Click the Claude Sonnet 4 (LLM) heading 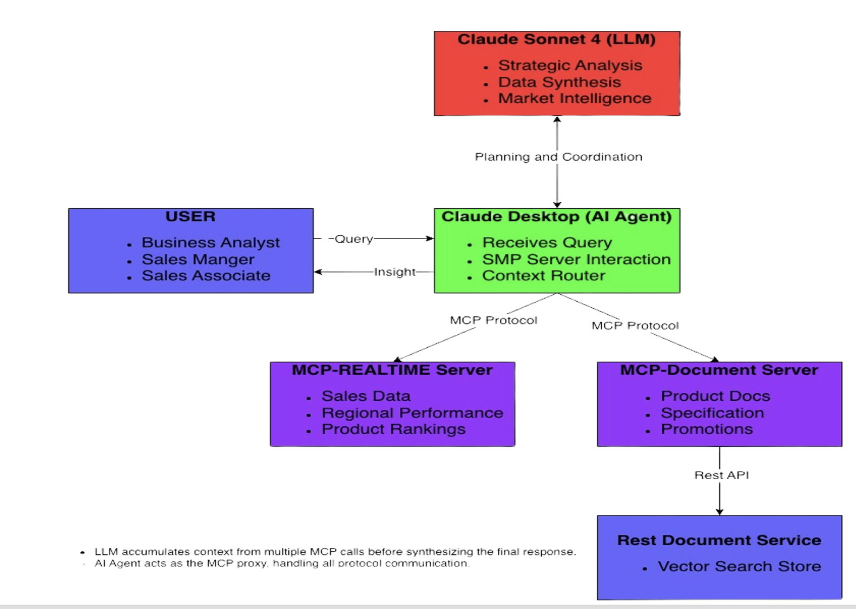point(556,39)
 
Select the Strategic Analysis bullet point(570,65)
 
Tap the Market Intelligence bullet point(574,98)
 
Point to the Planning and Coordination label point(558,157)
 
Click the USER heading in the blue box point(190,217)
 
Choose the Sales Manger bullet point(197,260)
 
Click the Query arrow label point(353,239)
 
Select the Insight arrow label point(394,272)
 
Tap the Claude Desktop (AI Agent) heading point(556,217)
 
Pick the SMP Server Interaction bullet point(576,260)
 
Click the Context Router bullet point(543,276)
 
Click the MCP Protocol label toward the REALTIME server point(493,320)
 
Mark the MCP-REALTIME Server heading point(392,370)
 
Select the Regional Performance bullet point(412,413)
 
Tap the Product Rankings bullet point(393,429)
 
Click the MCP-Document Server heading point(719,370)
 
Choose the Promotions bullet point(706,429)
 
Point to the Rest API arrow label point(721,475)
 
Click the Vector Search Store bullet point(739,567)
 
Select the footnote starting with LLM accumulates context point(335,552)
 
